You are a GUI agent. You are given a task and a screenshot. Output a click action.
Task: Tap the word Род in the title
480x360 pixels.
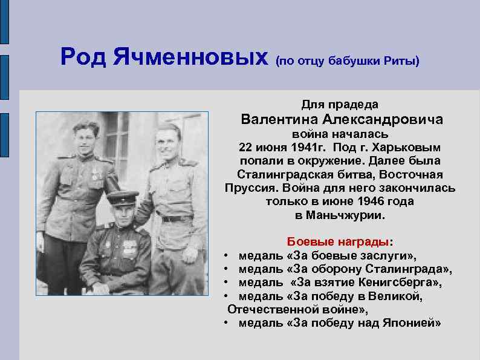point(83,57)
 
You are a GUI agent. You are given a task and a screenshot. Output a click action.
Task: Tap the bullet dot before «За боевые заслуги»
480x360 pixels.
point(224,256)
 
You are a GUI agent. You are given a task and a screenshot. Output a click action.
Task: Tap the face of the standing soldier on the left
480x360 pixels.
point(85,139)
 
